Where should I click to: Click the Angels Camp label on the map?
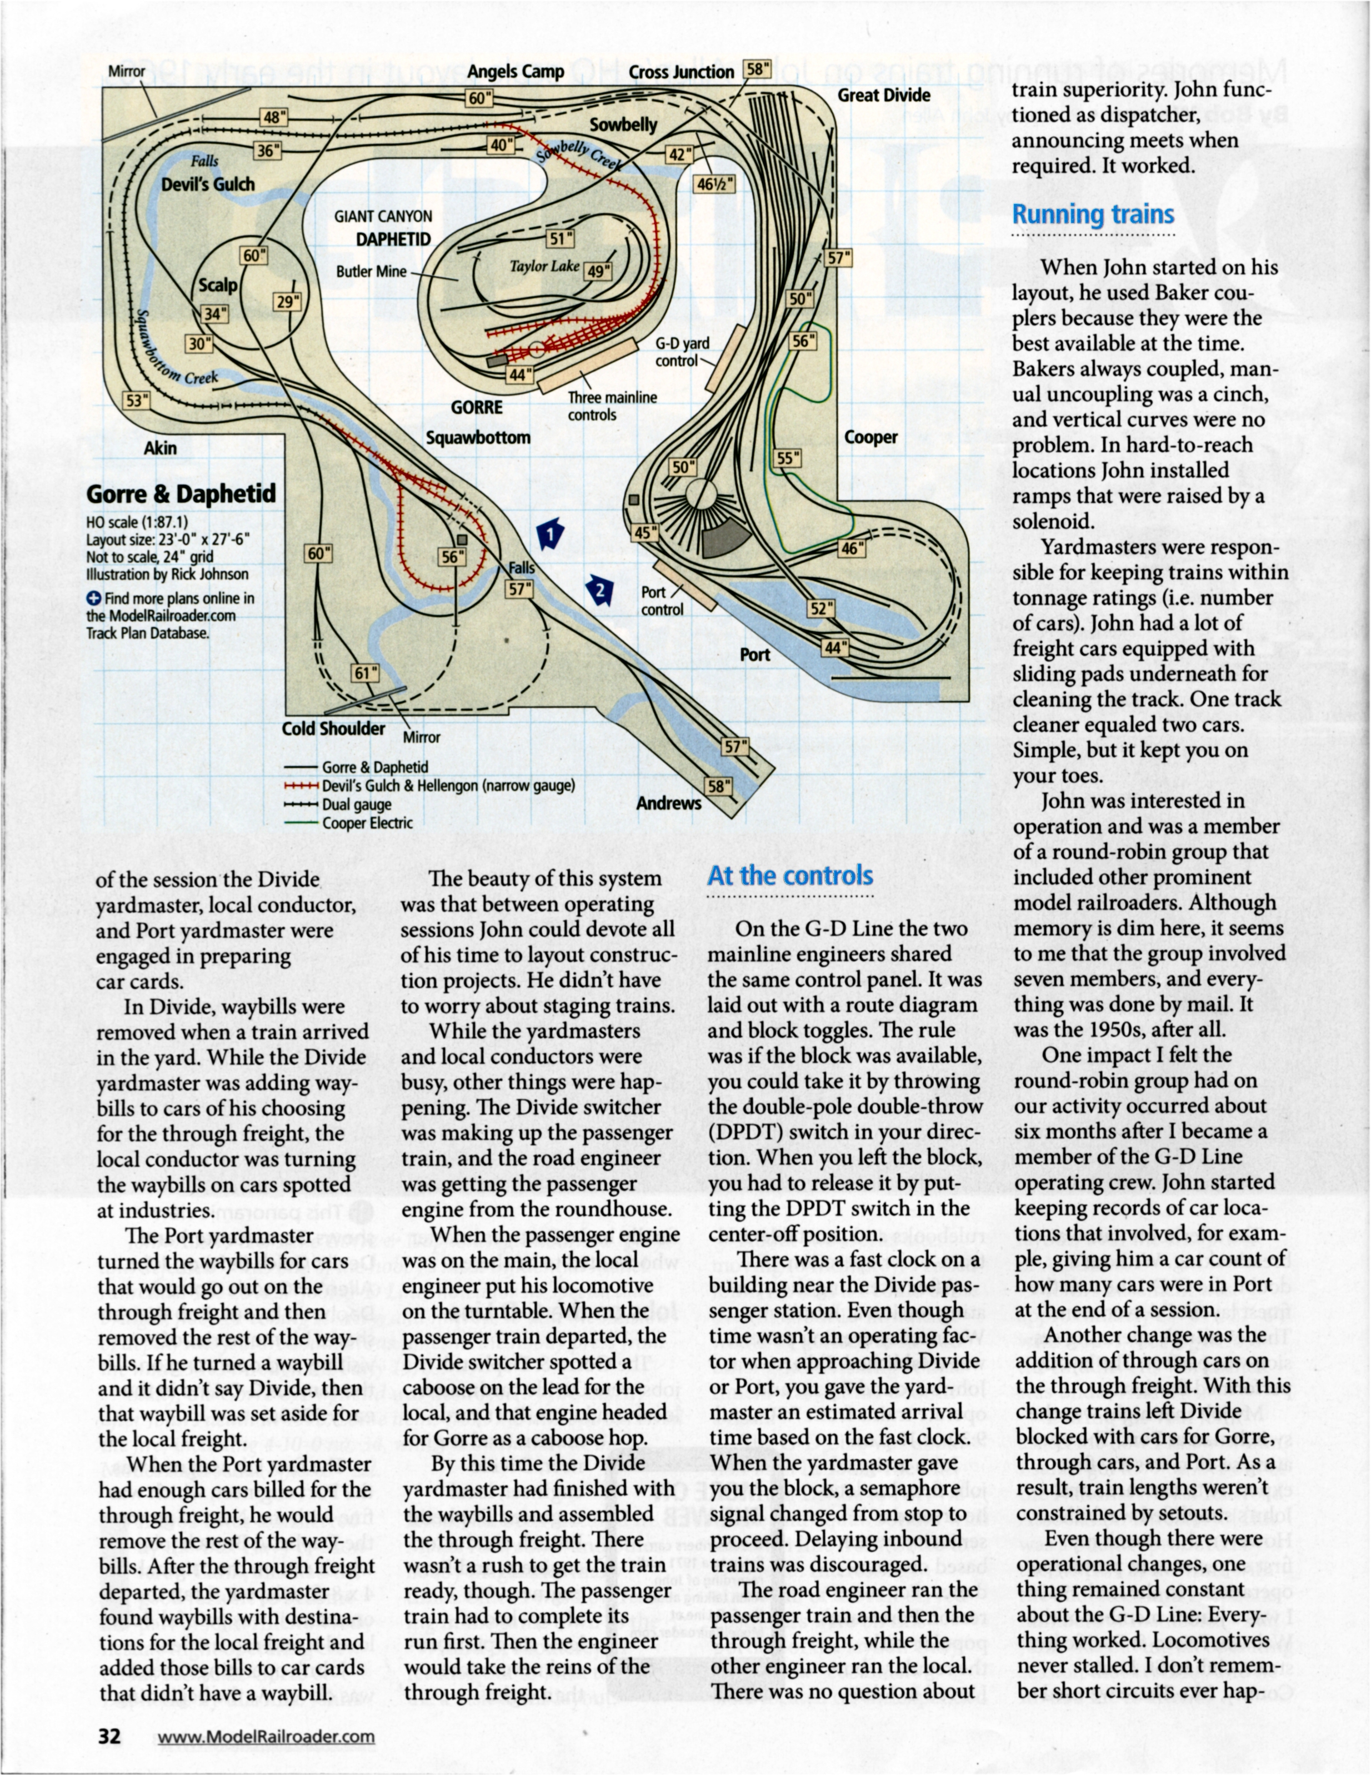516,72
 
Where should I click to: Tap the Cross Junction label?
681,72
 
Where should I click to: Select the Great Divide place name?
884,95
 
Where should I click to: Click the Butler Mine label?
372,272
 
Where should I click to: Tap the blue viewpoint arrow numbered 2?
600,590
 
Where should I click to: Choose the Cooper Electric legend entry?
367,822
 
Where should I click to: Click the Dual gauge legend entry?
356,804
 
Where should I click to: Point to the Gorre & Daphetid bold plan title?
181,494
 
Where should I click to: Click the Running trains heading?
1092,214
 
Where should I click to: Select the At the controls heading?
790,876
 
